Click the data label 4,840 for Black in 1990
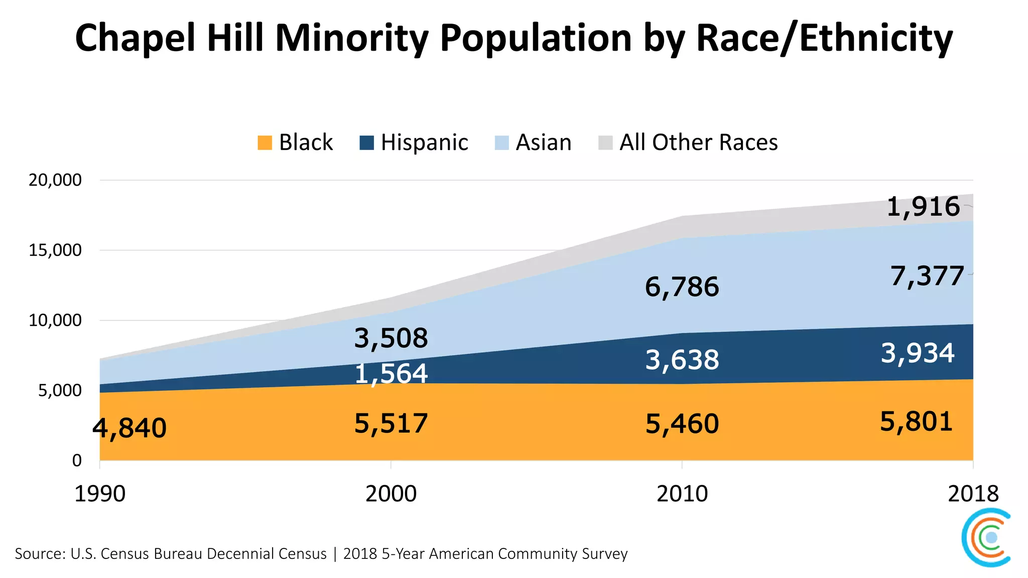point(130,428)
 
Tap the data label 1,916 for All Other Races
point(923,207)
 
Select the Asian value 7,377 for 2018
point(927,276)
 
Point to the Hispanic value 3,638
point(682,360)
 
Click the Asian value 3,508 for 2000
point(391,338)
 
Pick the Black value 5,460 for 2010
point(682,424)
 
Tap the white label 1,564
point(391,374)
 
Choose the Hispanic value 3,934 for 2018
point(918,353)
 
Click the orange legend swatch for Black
point(265,143)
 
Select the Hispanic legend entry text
point(424,142)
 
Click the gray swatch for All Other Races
point(605,143)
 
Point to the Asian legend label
point(544,142)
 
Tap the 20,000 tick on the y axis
point(55,180)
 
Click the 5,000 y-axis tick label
point(59,390)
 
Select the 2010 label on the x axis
point(682,494)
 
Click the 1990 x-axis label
point(100,494)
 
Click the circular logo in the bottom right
point(987,537)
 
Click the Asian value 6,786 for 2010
point(682,287)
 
